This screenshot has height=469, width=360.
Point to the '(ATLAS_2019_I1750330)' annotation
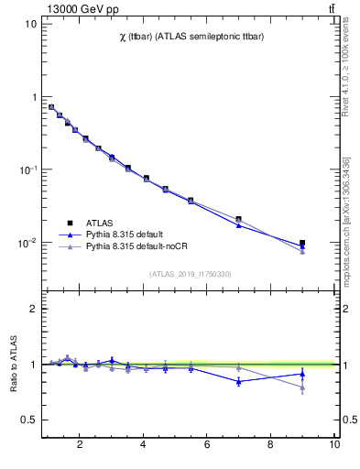(190, 274)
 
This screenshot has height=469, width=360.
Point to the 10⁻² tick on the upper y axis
(26, 243)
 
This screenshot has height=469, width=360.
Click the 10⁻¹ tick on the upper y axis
(26, 169)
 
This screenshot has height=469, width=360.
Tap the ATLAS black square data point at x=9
(302, 244)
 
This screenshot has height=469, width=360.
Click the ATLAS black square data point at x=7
(238, 219)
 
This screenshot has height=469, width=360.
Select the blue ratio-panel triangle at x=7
(238, 381)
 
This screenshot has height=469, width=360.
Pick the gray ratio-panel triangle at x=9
(302, 387)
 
